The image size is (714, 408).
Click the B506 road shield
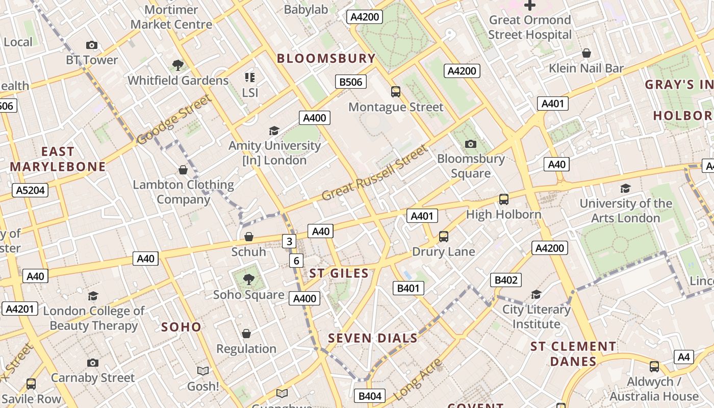pyautogui.click(x=351, y=82)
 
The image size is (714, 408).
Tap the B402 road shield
pyautogui.click(x=506, y=279)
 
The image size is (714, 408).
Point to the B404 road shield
pyautogui.click(x=370, y=396)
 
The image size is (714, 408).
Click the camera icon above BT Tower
pyautogui.click(x=92, y=45)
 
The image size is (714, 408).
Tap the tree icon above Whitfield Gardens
pyautogui.click(x=178, y=65)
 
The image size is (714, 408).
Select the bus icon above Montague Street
pyautogui.click(x=396, y=92)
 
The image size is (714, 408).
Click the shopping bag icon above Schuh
pyautogui.click(x=249, y=237)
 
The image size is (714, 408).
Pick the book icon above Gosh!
pyautogui.click(x=203, y=371)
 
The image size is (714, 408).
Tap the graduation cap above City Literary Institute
pyautogui.click(x=536, y=294)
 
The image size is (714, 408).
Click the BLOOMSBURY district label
pyautogui.click(x=326, y=58)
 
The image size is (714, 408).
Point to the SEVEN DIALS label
pyautogui.click(x=373, y=338)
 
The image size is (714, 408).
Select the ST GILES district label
pyautogui.click(x=339, y=273)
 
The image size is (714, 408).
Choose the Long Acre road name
pyautogui.click(x=418, y=378)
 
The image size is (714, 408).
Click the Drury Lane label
pyautogui.click(x=443, y=251)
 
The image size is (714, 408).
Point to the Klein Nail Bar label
pyautogui.click(x=586, y=68)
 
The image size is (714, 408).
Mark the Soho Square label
pyautogui.click(x=248, y=295)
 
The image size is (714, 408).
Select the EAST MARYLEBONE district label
pyautogui.click(x=58, y=159)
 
